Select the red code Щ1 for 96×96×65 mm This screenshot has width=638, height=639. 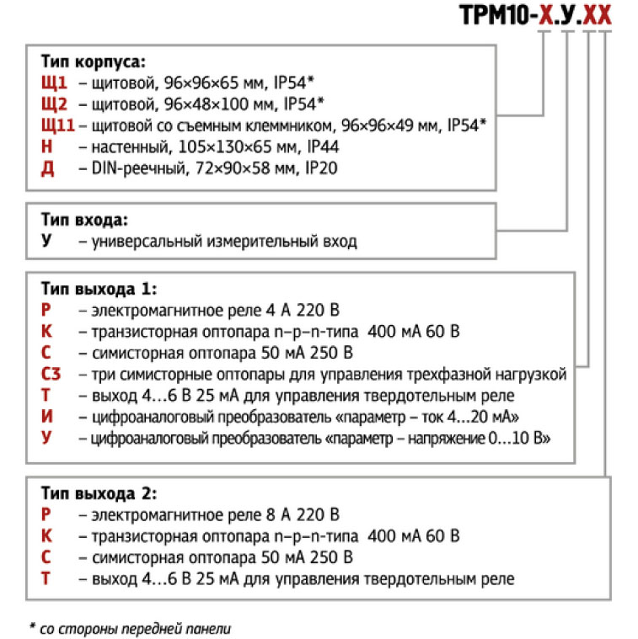[54, 83]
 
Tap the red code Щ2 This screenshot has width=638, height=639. [54, 104]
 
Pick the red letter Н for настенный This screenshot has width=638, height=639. [47, 146]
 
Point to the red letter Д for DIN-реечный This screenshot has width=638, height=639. [47, 168]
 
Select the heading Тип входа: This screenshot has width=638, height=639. [84, 221]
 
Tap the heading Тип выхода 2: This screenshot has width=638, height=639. [99, 493]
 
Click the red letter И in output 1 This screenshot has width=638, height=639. [47, 418]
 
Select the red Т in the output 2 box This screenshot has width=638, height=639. [47, 579]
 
